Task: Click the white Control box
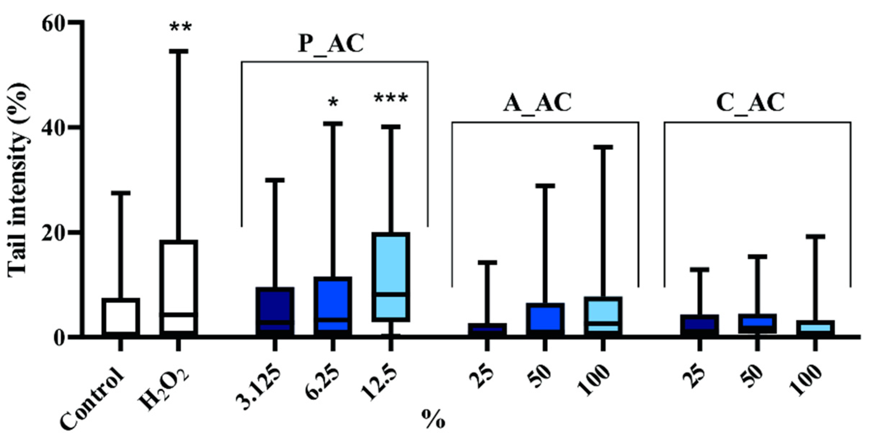tap(121, 316)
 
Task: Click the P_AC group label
tap(331, 44)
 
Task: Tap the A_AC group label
tap(538, 103)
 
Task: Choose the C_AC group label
tap(750, 103)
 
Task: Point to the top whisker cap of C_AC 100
tap(815, 237)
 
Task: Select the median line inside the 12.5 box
tap(391, 294)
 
